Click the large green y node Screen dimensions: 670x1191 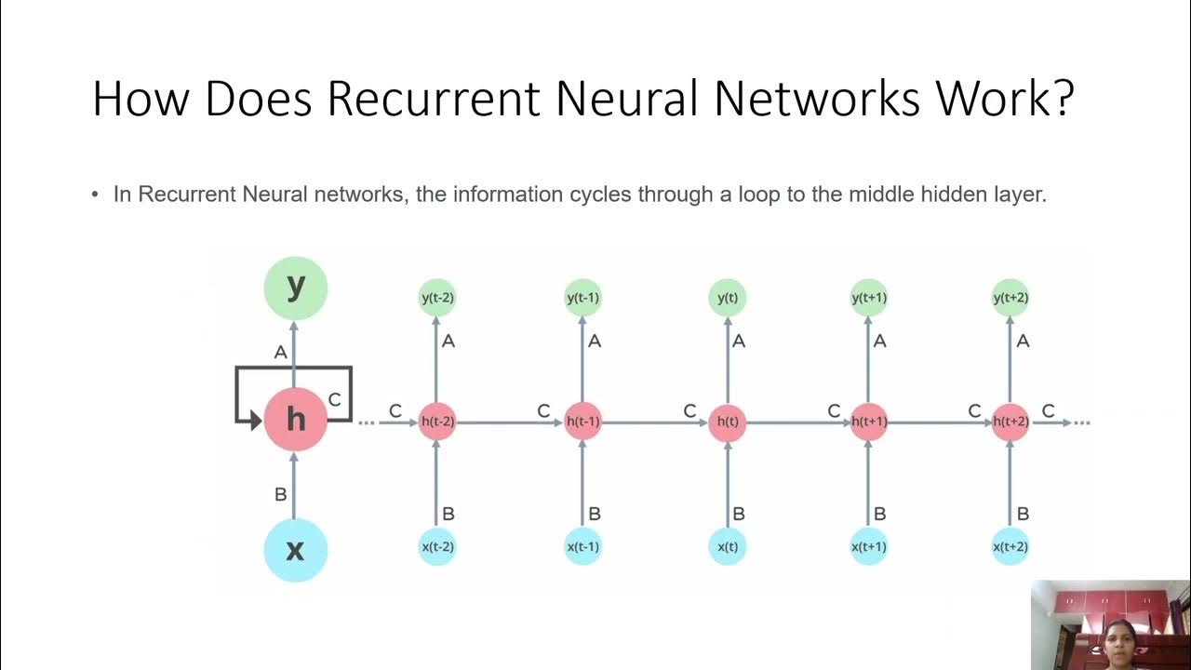point(295,288)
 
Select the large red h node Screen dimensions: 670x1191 point(295,420)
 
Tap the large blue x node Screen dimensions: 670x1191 point(295,550)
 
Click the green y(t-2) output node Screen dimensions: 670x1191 point(437,298)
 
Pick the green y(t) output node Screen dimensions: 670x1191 point(727,298)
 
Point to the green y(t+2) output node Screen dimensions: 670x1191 point(1010,298)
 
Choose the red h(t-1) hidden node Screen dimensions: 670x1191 point(582,422)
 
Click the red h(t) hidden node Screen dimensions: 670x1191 point(727,422)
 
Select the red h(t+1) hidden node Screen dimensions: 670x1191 point(868,422)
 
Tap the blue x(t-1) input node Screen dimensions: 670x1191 point(582,546)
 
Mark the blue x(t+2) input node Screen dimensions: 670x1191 point(1010,546)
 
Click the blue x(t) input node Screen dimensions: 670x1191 point(727,546)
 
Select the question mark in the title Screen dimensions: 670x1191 point(1062,98)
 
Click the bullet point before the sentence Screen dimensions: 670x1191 point(95,195)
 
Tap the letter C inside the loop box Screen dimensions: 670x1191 point(335,399)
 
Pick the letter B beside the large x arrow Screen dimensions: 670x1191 point(280,495)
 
